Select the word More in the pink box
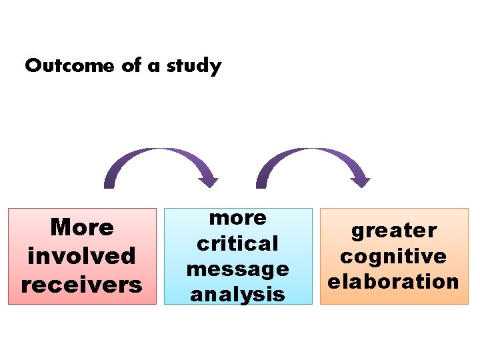click(82, 227)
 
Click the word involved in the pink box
click(82, 256)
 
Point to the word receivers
click(82, 285)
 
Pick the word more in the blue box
click(237, 218)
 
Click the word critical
click(237, 243)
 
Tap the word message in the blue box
click(237, 269)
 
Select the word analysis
click(237, 294)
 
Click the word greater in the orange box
click(394, 231)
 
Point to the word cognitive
click(394, 256)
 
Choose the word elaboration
click(394, 281)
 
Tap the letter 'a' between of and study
click(153, 67)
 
